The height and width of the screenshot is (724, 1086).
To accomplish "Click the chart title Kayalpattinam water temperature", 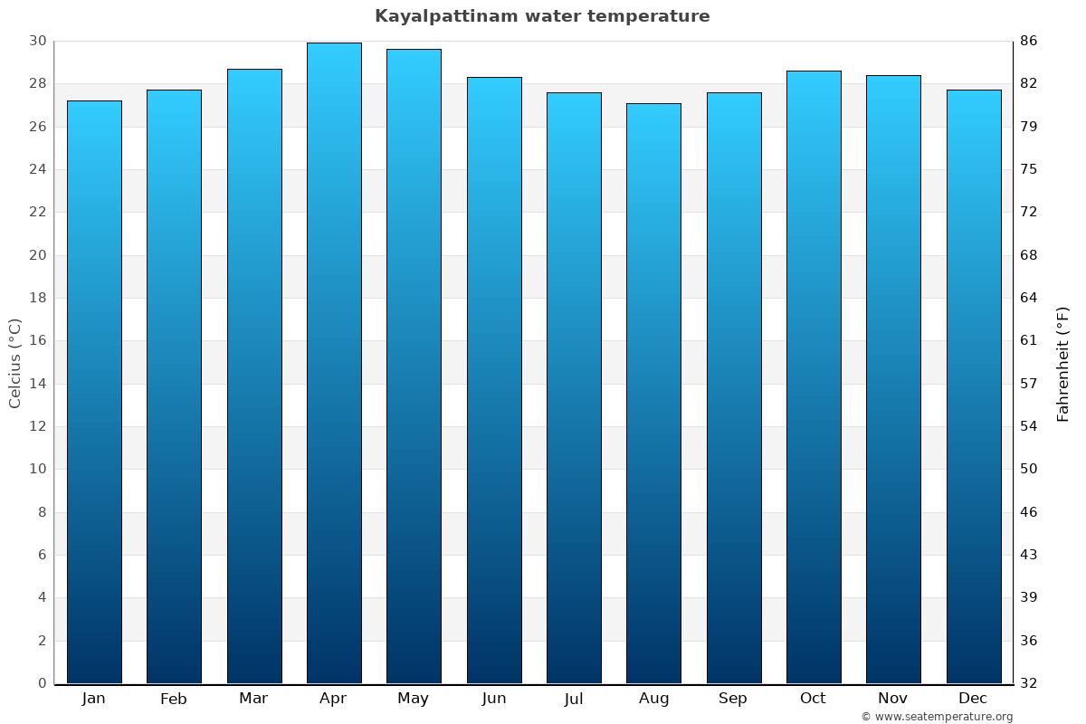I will click(x=542, y=16).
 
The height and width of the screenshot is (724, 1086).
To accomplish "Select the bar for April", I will click(x=334, y=362).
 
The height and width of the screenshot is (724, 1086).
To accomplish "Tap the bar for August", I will click(x=653, y=394).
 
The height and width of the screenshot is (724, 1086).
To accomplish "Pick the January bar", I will click(x=94, y=392).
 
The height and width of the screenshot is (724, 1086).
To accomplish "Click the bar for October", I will click(x=814, y=376).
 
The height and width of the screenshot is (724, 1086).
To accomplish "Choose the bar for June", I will click(x=494, y=380).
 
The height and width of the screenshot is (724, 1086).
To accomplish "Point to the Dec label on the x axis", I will click(x=973, y=699).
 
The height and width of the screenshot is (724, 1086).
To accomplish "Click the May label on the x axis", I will click(x=414, y=699).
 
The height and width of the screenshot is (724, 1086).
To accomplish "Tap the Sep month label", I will click(x=733, y=699).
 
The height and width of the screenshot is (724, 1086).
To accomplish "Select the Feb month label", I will click(x=174, y=699).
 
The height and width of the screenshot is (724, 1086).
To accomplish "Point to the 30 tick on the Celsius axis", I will click(x=37, y=41).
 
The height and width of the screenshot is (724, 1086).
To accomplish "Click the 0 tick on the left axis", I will click(x=42, y=683).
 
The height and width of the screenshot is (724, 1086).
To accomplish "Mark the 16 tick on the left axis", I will click(x=37, y=340).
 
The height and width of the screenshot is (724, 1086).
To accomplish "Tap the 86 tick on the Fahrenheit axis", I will click(x=1029, y=41).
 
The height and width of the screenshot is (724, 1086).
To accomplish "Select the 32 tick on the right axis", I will click(x=1029, y=683).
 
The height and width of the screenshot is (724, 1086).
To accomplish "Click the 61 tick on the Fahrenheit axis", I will click(x=1029, y=340).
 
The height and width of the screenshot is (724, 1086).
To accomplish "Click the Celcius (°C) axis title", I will click(x=14, y=362).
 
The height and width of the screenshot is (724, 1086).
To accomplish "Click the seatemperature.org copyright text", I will click(x=937, y=717).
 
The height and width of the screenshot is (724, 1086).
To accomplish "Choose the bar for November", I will click(x=893, y=379).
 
